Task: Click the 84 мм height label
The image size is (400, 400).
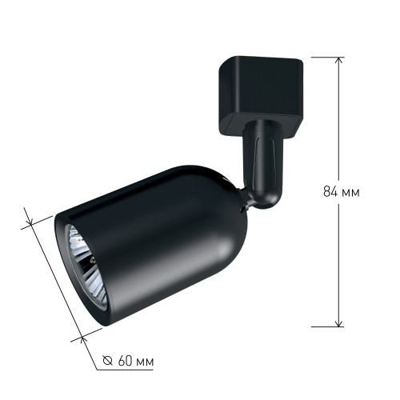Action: point(342,191)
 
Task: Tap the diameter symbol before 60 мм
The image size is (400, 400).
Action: point(108,361)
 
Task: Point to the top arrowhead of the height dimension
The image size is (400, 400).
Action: point(339,61)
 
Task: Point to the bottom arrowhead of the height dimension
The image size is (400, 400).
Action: point(339,322)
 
